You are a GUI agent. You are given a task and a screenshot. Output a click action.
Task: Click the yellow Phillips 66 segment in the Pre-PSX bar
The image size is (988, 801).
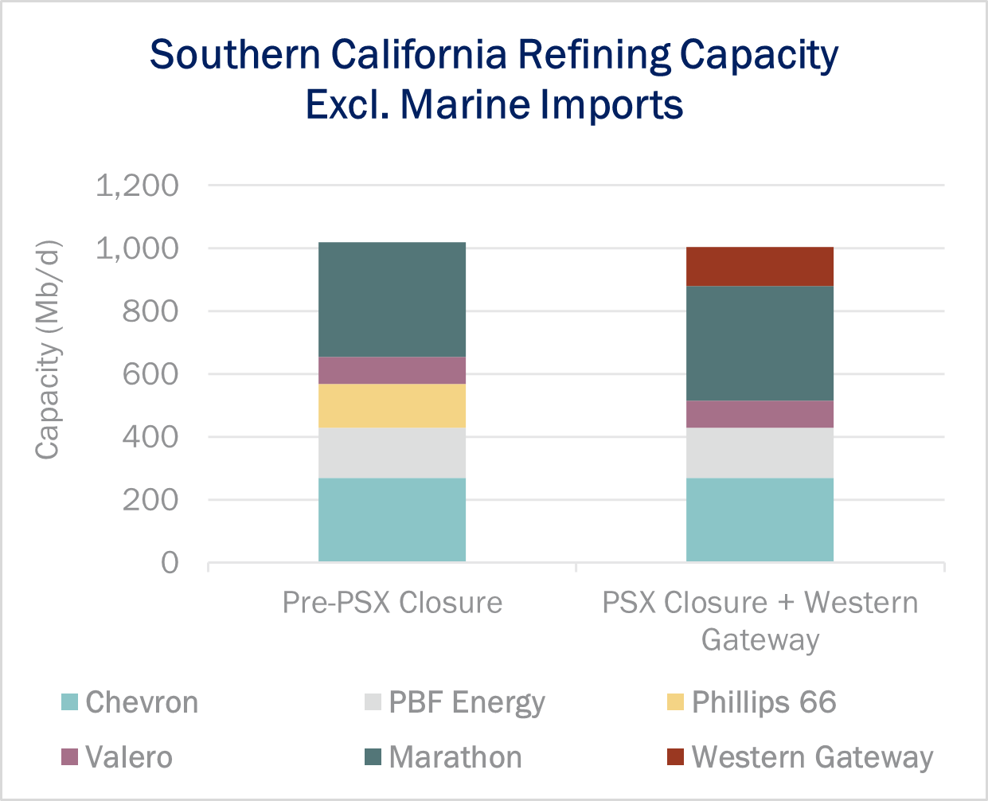tap(392, 406)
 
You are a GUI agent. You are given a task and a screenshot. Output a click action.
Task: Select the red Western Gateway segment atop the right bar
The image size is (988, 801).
tap(760, 267)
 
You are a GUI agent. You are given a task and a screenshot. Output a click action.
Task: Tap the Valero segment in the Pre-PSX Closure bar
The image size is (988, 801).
tap(392, 370)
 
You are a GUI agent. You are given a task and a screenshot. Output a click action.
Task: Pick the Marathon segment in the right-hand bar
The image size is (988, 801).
tap(760, 343)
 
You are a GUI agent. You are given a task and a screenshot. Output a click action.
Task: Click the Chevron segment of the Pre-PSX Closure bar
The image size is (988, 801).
tap(392, 520)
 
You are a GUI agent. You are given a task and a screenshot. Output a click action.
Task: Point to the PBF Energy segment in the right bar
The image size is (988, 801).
tap(760, 453)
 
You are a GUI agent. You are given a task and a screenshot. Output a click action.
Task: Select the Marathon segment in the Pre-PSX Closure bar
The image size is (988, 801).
tap(392, 299)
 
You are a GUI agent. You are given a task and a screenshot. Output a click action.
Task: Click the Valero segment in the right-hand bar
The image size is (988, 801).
tap(760, 414)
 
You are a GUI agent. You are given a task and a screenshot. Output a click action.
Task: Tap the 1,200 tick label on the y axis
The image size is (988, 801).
tap(137, 186)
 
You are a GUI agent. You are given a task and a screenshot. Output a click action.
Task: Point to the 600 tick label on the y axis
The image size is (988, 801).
tap(150, 374)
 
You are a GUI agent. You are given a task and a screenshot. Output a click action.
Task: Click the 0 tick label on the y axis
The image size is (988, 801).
tap(170, 563)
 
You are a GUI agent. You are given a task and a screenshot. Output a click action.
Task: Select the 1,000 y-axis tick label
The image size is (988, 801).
tap(137, 248)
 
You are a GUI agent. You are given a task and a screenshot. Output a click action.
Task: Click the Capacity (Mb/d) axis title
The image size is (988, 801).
tap(48, 350)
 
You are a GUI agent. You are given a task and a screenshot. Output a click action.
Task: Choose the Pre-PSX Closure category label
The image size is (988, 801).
tap(392, 603)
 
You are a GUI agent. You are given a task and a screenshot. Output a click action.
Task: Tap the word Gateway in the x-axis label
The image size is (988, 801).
tap(760, 639)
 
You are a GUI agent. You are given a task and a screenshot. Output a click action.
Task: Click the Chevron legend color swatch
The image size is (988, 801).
tap(70, 702)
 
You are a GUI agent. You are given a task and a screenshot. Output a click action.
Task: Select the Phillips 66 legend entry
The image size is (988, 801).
tap(763, 702)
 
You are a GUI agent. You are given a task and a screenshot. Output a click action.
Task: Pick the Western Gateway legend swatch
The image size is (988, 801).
tap(675, 756)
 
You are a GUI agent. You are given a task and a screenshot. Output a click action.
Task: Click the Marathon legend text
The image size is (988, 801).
tap(455, 756)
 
